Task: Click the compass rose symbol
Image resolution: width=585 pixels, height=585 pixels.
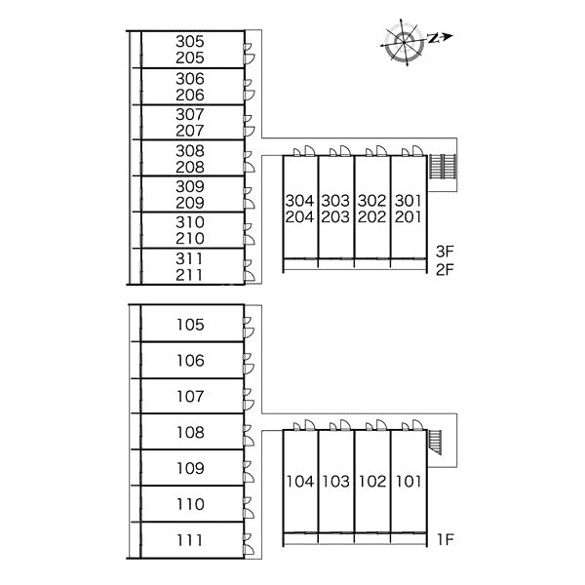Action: point(405,43)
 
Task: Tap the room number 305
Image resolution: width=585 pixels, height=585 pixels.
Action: point(190,41)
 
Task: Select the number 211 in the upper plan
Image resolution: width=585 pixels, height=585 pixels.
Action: point(189,275)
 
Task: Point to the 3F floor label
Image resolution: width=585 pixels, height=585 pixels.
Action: point(445,252)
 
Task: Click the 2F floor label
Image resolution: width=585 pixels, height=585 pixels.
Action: point(445,269)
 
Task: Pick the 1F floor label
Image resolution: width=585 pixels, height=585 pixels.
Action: point(446,539)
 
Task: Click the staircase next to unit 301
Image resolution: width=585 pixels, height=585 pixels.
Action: point(442,167)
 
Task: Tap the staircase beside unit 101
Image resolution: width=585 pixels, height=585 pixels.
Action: point(435,442)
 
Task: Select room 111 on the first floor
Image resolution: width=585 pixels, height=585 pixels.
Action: point(189,540)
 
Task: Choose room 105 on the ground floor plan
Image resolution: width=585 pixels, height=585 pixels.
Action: point(190,325)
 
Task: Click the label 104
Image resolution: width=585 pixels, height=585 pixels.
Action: point(300,482)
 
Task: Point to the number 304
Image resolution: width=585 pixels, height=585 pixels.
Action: point(299,201)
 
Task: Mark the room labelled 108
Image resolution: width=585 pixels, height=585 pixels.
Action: point(190,432)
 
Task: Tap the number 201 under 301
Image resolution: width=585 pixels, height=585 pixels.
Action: point(409,216)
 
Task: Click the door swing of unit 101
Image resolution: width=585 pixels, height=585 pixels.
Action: point(417,424)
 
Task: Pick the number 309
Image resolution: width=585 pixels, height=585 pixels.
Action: point(190,186)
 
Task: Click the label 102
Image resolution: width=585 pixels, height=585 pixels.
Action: point(372,482)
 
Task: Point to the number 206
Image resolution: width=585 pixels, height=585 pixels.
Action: point(190,96)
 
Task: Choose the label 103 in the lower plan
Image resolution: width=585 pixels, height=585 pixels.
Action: point(335,482)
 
